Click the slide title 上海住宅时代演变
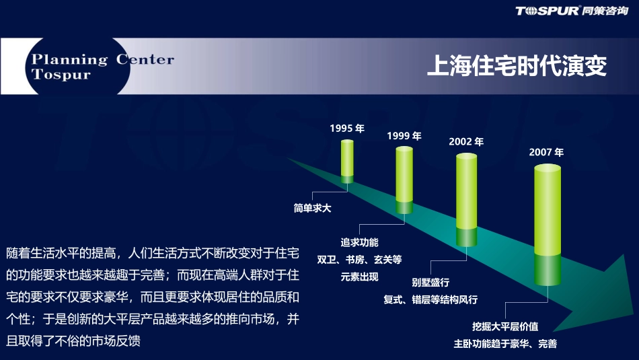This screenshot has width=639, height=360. point(517,67)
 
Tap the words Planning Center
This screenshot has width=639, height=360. point(103,59)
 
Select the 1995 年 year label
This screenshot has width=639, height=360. point(347,129)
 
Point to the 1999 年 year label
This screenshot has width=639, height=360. point(404,136)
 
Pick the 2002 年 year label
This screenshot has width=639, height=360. point(466,142)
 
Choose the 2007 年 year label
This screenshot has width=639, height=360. point(546,152)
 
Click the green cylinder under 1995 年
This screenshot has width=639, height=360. point(347,161)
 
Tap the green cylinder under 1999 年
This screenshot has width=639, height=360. point(404,180)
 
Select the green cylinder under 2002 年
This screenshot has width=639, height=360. point(466,201)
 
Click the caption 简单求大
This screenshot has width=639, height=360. point(313,209)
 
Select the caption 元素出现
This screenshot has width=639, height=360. point(360,277)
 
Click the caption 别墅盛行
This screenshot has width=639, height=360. point(431,282)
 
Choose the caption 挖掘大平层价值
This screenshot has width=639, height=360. point(505,326)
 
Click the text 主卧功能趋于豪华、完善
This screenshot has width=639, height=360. point(505,344)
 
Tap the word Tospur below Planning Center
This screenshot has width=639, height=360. point(61,75)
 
